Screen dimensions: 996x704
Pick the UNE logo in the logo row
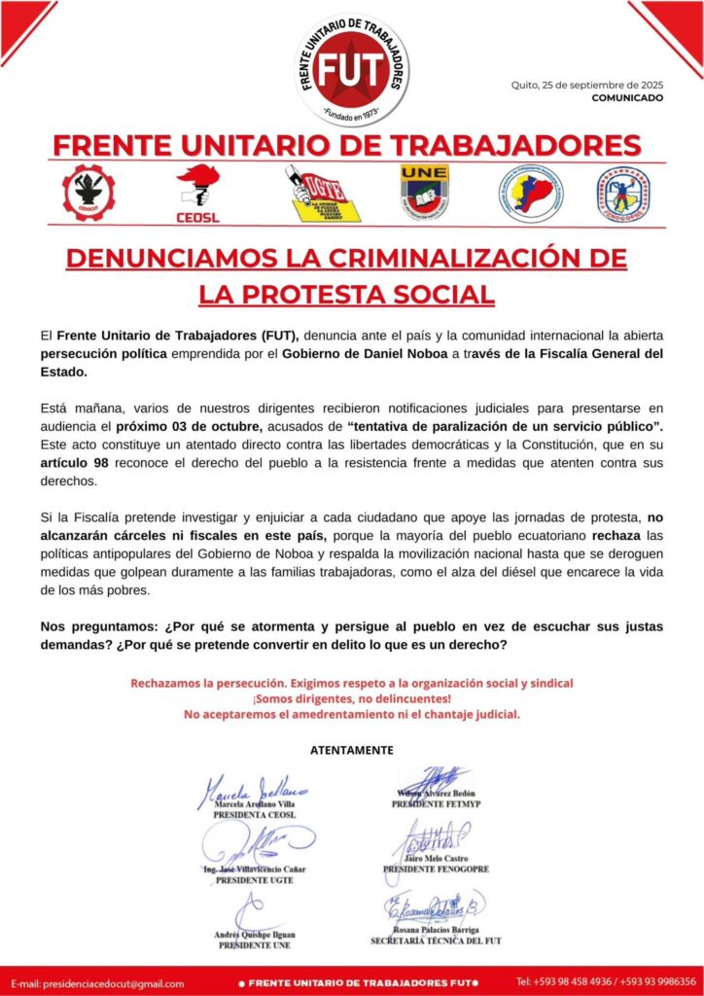pos(424,192)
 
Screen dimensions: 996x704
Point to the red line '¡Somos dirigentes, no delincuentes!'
pos(352,698)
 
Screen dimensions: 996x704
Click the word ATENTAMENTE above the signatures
pos(352,751)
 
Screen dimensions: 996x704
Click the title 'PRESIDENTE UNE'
pos(254,944)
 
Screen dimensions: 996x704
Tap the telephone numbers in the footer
pos(605,981)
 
